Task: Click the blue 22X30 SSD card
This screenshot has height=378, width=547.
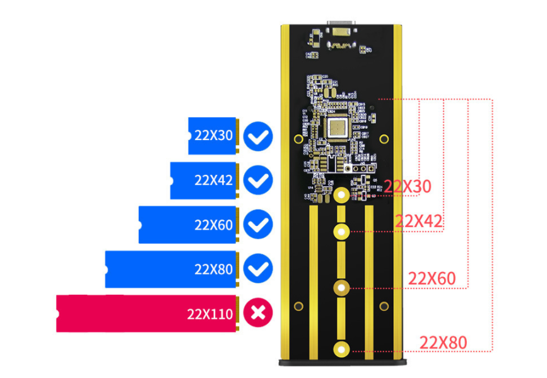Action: click(213, 136)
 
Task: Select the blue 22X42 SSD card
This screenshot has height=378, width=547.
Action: click(204, 180)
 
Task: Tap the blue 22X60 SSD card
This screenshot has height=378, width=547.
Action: click(188, 225)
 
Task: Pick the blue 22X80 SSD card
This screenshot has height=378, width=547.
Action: click(171, 269)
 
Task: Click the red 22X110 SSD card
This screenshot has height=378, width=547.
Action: click(146, 313)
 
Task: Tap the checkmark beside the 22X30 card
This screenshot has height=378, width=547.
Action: click(257, 136)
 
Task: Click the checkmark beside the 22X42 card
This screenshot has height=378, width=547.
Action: click(257, 180)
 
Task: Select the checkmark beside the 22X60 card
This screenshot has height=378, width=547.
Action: click(257, 225)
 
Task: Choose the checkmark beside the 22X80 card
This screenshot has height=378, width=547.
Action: click(257, 269)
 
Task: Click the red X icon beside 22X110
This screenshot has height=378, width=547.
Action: click(257, 313)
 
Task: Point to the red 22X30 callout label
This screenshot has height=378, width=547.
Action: click(408, 187)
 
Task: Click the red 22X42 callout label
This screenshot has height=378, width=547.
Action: click(418, 221)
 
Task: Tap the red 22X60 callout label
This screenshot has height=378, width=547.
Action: click(432, 278)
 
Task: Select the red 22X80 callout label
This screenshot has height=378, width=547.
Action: click(443, 343)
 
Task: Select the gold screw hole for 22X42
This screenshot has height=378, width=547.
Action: click(341, 231)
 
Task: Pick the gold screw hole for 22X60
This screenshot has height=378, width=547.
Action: click(341, 288)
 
